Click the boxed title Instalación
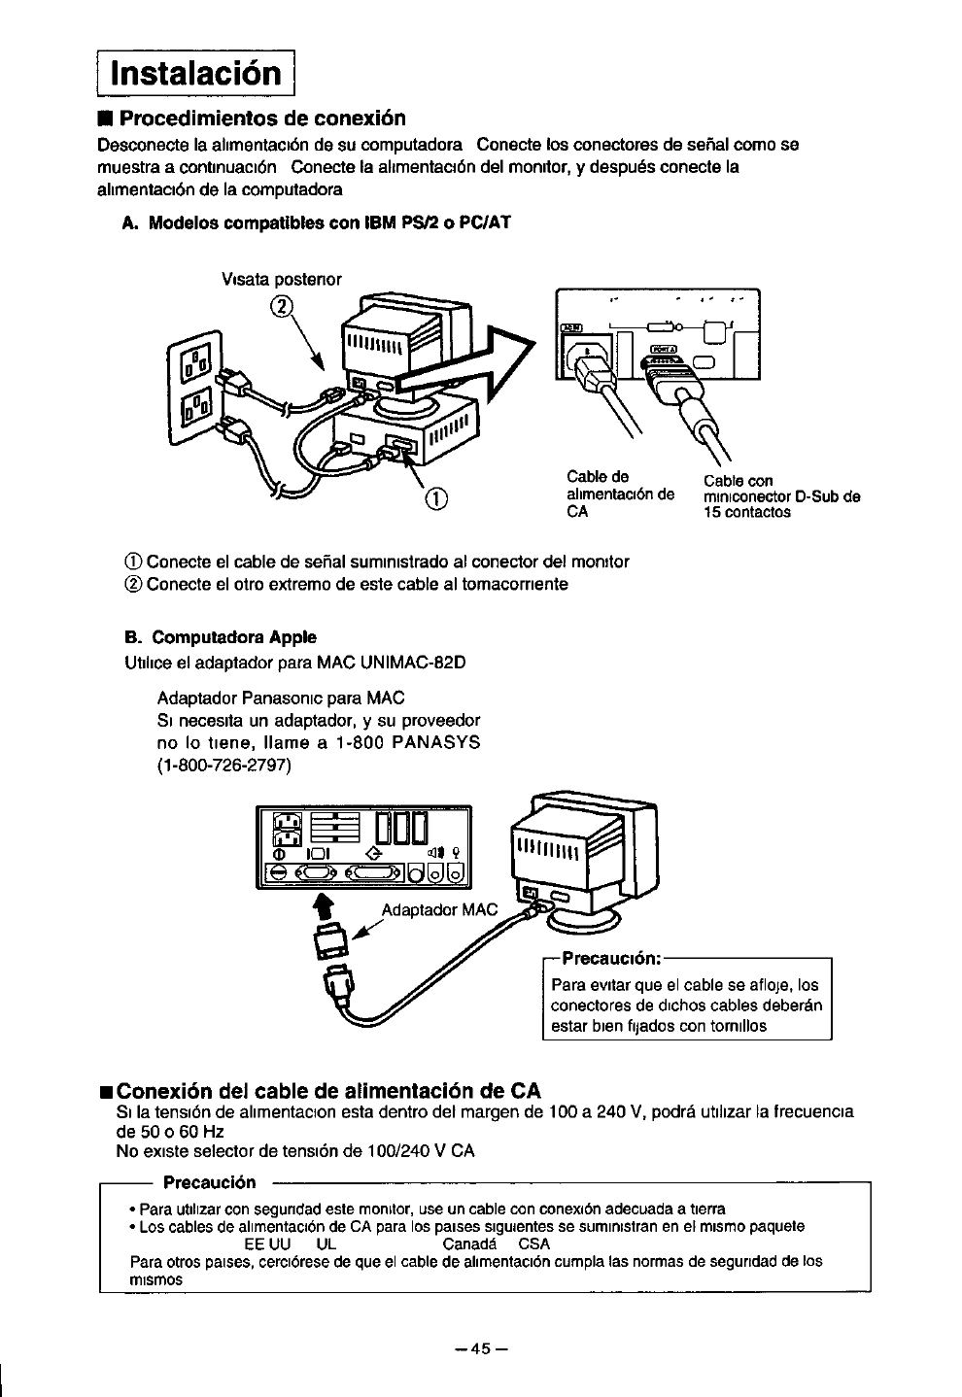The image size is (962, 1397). pyautogui.click(x=196, y=72)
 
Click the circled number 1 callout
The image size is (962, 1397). pyautogui.click(x=436, y=499)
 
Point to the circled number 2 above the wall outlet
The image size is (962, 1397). pyautogui.click(x=281, y=307)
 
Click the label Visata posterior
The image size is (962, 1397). pyautogui.click(x=282, y=279)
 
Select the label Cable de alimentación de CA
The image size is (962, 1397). pyautogui.click(x=619, y=494)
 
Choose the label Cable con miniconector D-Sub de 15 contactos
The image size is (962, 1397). pyautogui.click(x=781, y=496)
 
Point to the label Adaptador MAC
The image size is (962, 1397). pyautogui.click(x=439, y=910)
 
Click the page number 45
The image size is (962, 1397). pyautogui.click(x=482, y=1348)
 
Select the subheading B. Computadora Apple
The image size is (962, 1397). pyautogui.click(x=221, y=637)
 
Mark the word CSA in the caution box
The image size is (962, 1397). pyautogui.click(x=534, y=1244)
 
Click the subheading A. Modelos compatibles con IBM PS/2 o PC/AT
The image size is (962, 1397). pyautogui.click(x=317, y=222)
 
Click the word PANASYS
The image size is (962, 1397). pyautogui.click(x=436, y=742)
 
